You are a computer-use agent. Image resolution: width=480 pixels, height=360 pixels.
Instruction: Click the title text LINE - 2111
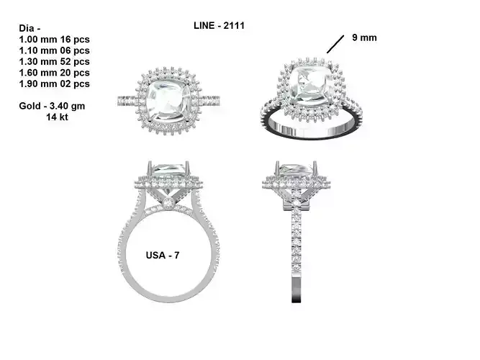coord(219,25)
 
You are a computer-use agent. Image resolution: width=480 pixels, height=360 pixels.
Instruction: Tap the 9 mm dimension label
coord(364,37)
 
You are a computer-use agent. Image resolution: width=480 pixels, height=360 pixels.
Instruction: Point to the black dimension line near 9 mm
coord(335,45)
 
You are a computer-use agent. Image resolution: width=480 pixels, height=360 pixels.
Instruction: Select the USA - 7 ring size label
coord(163,255)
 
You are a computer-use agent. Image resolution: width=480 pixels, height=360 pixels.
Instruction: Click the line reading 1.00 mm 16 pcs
coord(54,38)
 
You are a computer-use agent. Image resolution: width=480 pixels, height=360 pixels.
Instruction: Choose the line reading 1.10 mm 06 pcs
coord(54,50)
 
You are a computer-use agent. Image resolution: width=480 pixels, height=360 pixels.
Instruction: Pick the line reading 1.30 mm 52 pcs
coord(54,62)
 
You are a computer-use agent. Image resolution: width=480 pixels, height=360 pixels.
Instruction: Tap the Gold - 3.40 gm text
coord(53,107)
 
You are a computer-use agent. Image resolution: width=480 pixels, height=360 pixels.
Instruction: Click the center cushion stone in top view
coord(171,99)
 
